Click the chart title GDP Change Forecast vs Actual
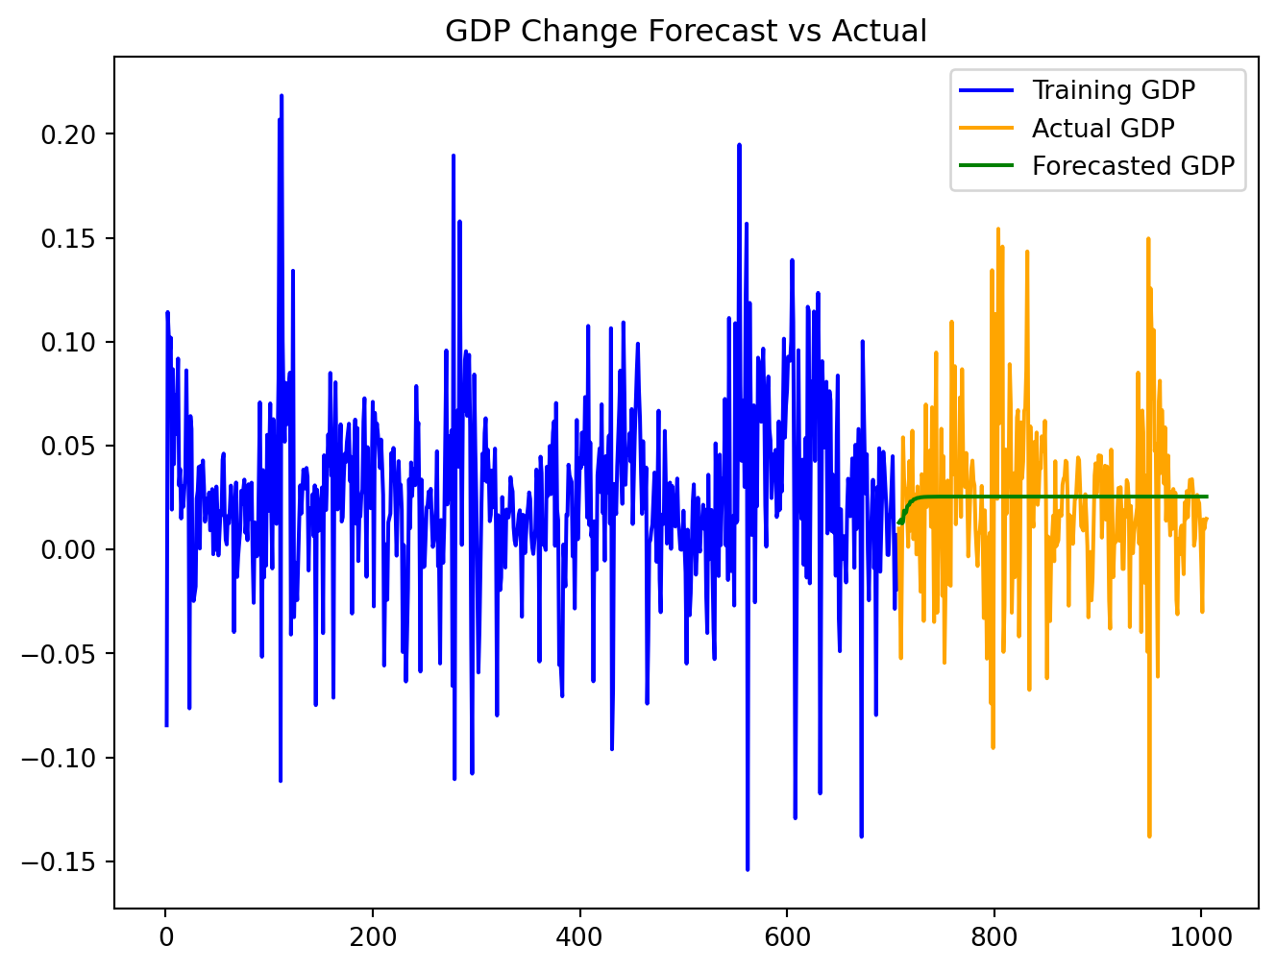686,32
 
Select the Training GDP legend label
1113,90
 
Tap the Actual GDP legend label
1102,128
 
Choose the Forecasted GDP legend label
1133,166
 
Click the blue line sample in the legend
987,90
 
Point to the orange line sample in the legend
987,128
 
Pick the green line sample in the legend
987,166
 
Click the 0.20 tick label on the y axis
69,133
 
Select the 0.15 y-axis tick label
69,238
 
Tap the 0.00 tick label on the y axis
69,549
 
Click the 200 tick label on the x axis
373,936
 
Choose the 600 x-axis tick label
787,936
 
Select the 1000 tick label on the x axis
1201,936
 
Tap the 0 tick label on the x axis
165,936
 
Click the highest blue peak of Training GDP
282,95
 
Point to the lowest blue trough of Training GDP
748,869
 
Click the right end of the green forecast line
1207,497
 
